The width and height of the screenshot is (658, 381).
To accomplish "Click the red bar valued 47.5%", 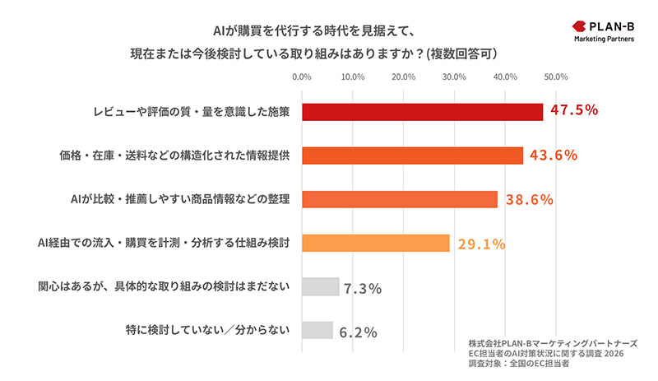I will (x=423, y=111).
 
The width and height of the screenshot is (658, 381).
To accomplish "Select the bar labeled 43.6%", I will (x=413, y=156).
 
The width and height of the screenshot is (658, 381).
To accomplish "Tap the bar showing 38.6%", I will (x=400, y=199).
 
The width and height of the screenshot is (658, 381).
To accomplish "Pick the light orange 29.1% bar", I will (x=376, y=243).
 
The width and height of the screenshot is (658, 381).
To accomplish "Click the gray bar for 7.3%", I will (x=321, y=286).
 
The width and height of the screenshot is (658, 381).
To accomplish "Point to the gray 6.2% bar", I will (x=317, y=330).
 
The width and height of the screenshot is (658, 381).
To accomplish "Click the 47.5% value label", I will (x=573, y=110).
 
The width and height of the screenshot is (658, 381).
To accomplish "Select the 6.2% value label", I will (x=358, y=332).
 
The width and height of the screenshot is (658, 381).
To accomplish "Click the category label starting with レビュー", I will (x=191, y=111).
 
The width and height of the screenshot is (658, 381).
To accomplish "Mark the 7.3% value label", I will (x=363, y=289).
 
